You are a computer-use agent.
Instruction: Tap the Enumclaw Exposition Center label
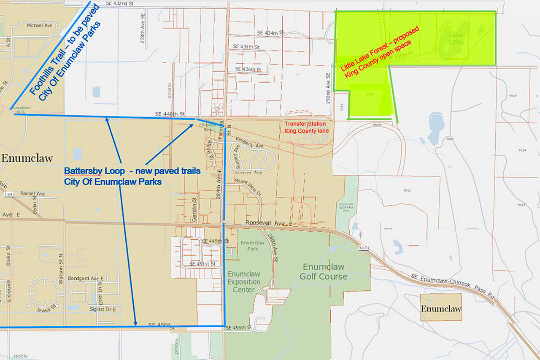coord(244,282)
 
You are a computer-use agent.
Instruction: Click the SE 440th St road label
coord(170,114)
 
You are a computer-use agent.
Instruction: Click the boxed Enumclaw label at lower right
coord(441,308)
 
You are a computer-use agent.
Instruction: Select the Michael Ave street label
coord(40,25)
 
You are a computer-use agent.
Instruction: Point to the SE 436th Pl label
coord(248,69)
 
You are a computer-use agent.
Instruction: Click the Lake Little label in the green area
coord(456,38)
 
